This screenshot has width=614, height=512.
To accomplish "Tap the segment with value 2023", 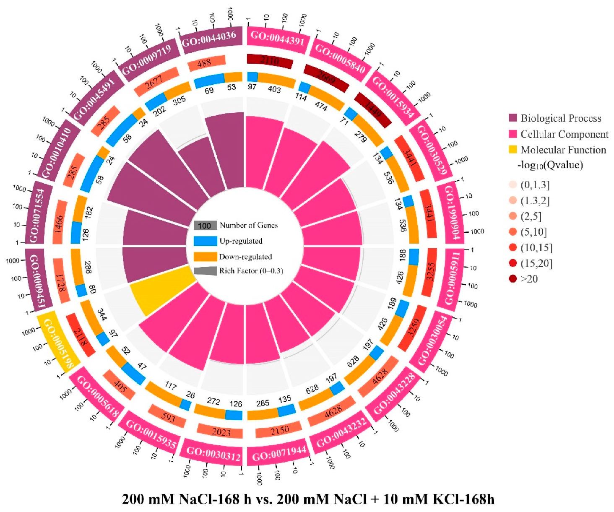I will click(x=221, y=431).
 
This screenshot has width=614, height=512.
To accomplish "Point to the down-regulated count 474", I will click(x=321, y=106).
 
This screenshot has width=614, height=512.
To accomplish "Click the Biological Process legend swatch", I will click(x=513, y=118).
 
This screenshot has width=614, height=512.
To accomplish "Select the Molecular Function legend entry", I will click(x=563, y=150).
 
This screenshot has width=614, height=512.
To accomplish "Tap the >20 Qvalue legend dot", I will click(x=513, y=279).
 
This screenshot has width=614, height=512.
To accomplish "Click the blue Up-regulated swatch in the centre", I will click(x=205, y=241).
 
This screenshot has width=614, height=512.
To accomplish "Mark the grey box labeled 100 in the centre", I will click(x=205, y=226).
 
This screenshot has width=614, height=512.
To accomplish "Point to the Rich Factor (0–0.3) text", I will click(x=251, y=271).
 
